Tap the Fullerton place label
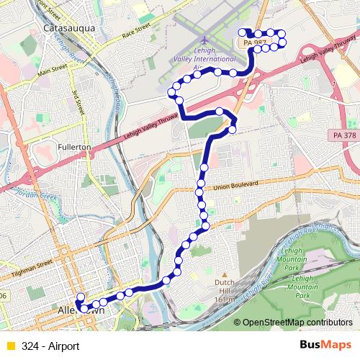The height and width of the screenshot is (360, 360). point(73,146)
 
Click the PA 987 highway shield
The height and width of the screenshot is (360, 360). point(255,44)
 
